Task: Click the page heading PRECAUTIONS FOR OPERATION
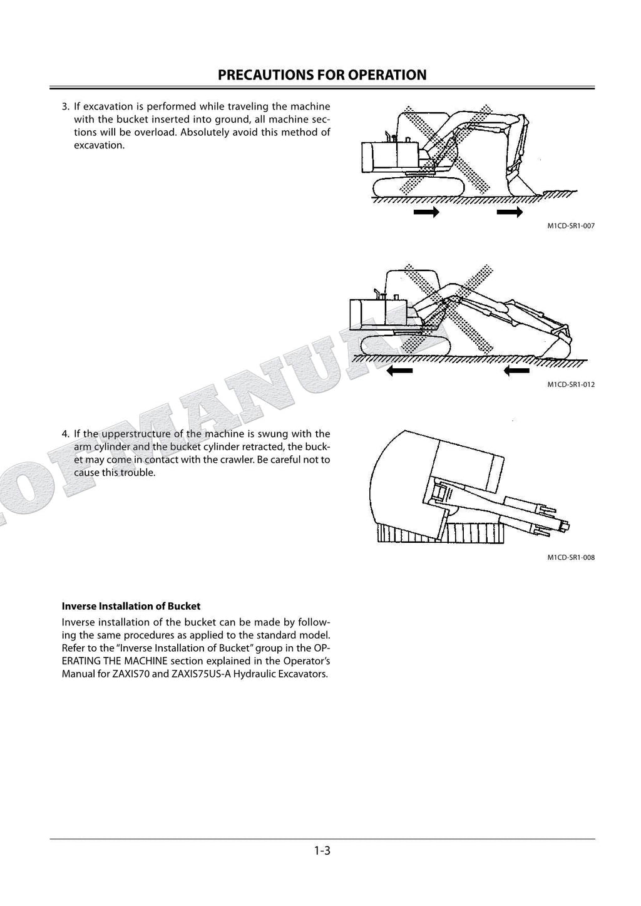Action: (x=322, y=75)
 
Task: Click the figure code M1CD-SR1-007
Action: (x=570, y=226)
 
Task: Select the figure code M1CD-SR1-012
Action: (x=570, y=384)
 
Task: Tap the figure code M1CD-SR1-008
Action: (x=570, y=557)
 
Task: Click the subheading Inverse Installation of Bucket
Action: (x=131, y=606)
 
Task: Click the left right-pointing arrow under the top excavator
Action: (x=426, y=213)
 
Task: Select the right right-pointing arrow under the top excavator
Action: (x=510, y=213)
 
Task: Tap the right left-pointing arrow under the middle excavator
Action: (x=516, y=371)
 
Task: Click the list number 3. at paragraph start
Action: (x=66, y=106)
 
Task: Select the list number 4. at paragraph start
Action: (x=66, y=433)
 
